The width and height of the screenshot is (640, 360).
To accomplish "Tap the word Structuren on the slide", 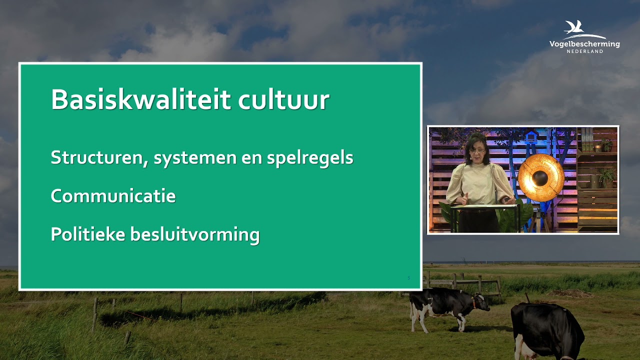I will [99, 158].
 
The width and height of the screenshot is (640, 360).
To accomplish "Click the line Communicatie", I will [113, 196].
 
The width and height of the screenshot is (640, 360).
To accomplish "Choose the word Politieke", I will [87, 234].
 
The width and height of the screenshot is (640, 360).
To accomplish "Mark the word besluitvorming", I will [195, 235].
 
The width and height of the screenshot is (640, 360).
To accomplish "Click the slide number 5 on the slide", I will [408, 278].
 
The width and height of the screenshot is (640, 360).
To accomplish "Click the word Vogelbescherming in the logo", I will [584, 44].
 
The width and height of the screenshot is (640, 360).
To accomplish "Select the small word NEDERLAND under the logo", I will [584, 51].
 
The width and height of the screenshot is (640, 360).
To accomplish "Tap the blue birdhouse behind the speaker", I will [531, 136].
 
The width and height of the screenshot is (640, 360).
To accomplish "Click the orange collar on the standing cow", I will [473, 302].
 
